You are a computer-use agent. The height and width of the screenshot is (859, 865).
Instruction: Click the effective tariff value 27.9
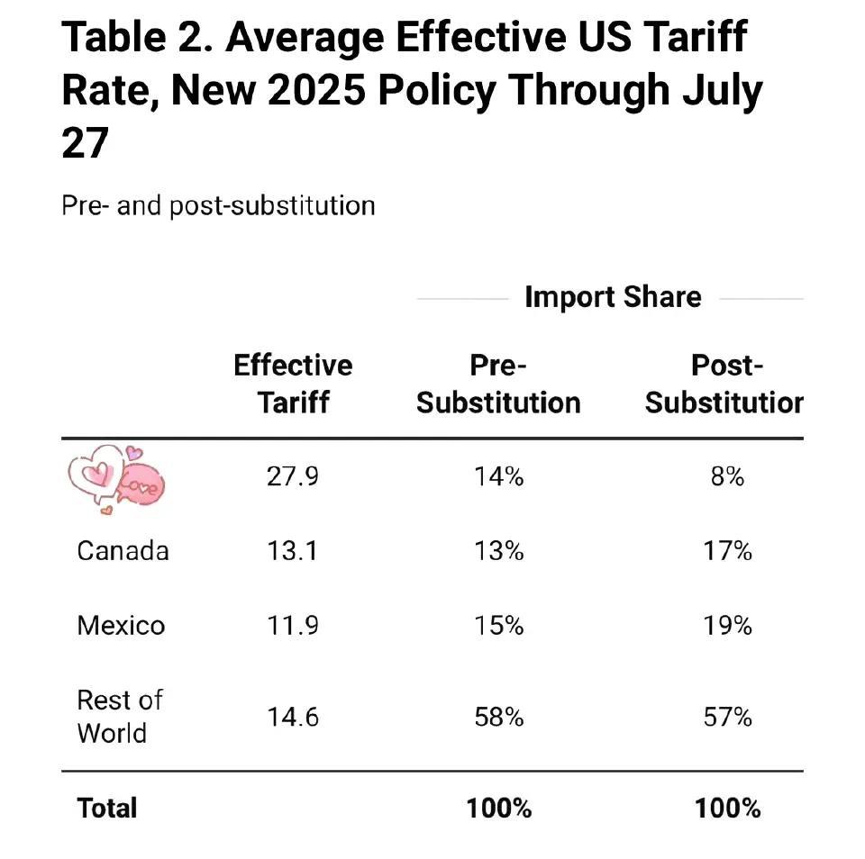[293, 476]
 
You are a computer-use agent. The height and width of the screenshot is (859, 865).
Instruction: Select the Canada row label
[123, 550]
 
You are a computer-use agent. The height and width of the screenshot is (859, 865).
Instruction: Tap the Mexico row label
[121, 625]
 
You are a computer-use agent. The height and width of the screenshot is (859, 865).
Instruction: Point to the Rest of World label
[119, 717]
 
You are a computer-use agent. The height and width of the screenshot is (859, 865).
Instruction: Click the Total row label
[107, 808]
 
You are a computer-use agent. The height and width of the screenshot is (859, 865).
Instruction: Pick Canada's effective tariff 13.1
[293, 550]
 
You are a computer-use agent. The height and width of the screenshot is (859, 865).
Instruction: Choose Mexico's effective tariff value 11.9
[293, 625]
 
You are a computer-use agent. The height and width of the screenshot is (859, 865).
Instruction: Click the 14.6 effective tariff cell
[293, 718]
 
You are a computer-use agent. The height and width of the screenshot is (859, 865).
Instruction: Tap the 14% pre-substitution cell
[498, 476]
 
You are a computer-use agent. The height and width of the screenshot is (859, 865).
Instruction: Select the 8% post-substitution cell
[727, 476]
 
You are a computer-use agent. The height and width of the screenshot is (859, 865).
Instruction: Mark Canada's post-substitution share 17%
[727, 550]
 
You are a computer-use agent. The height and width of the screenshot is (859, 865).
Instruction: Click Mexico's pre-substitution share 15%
[498, 625]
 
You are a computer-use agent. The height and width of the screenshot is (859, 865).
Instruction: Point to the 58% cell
[498, 718]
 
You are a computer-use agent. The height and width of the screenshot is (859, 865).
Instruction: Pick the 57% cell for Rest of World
[727, 718]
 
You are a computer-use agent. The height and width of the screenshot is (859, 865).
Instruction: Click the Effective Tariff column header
[293, 384]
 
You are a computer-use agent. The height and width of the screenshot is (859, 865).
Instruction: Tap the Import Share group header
[613, 297]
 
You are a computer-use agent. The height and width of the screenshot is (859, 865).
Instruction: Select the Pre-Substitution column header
[498, 384]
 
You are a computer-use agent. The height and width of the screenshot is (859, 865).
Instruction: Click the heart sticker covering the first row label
[115, 480]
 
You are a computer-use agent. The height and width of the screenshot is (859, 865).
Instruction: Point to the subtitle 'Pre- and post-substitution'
[218, 205]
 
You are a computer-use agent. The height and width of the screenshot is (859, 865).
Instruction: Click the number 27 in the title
[85, 143]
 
